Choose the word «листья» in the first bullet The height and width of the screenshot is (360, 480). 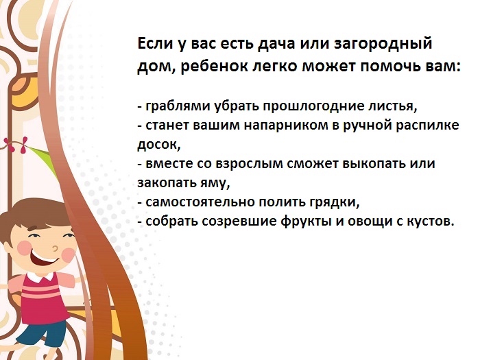(x=392, y=107)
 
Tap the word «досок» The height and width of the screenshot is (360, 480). (x=157, y=145)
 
